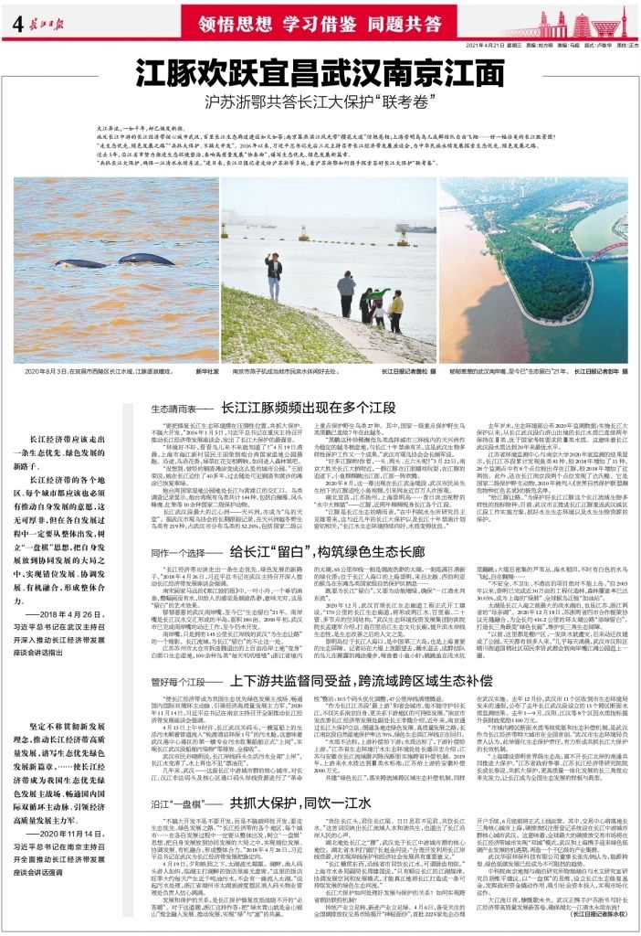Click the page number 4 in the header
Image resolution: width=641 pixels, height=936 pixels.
coord(17,24)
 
